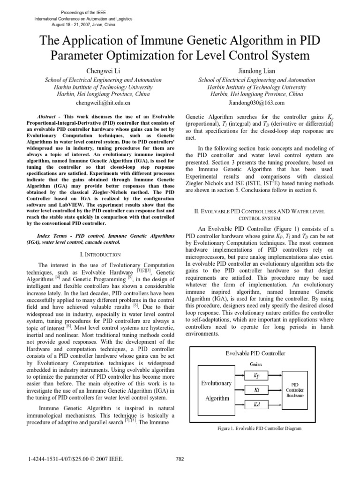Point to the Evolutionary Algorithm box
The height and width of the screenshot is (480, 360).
coord(217,390)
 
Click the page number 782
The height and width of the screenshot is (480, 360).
coord(180,459)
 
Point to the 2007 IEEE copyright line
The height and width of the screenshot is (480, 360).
coord(75,459)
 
